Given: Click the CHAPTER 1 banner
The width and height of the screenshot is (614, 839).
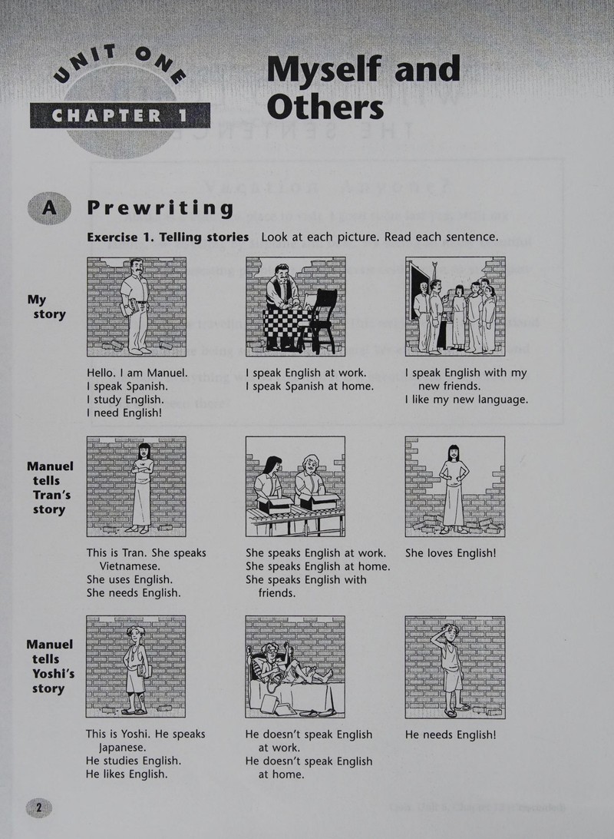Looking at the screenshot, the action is (x=120, y=115).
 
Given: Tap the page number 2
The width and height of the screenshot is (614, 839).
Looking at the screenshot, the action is (x=38, y=807).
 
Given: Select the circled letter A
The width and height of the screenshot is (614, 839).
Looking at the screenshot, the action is (x=48, y=207).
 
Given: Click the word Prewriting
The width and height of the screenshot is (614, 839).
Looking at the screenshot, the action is (x=160, y=208).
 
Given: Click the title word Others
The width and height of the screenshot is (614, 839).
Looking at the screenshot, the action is (x=325, y=106).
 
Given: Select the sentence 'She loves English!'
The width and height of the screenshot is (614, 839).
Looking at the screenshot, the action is (x=451, y=552).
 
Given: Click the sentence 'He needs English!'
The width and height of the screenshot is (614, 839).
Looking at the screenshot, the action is (x=451, y=735).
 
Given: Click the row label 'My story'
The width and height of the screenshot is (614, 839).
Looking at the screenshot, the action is (x=47, y=307).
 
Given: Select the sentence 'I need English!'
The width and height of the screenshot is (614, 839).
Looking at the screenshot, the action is (x=124, y=413).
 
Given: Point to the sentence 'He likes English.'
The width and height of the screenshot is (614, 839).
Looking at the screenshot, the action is (x=127, y=774).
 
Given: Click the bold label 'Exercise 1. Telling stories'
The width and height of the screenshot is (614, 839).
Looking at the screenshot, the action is (x=168, y=237).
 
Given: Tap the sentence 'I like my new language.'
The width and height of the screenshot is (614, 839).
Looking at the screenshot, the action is (x=466, y=400).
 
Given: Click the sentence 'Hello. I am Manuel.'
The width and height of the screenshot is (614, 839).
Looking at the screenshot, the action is (x=137, y=373).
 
